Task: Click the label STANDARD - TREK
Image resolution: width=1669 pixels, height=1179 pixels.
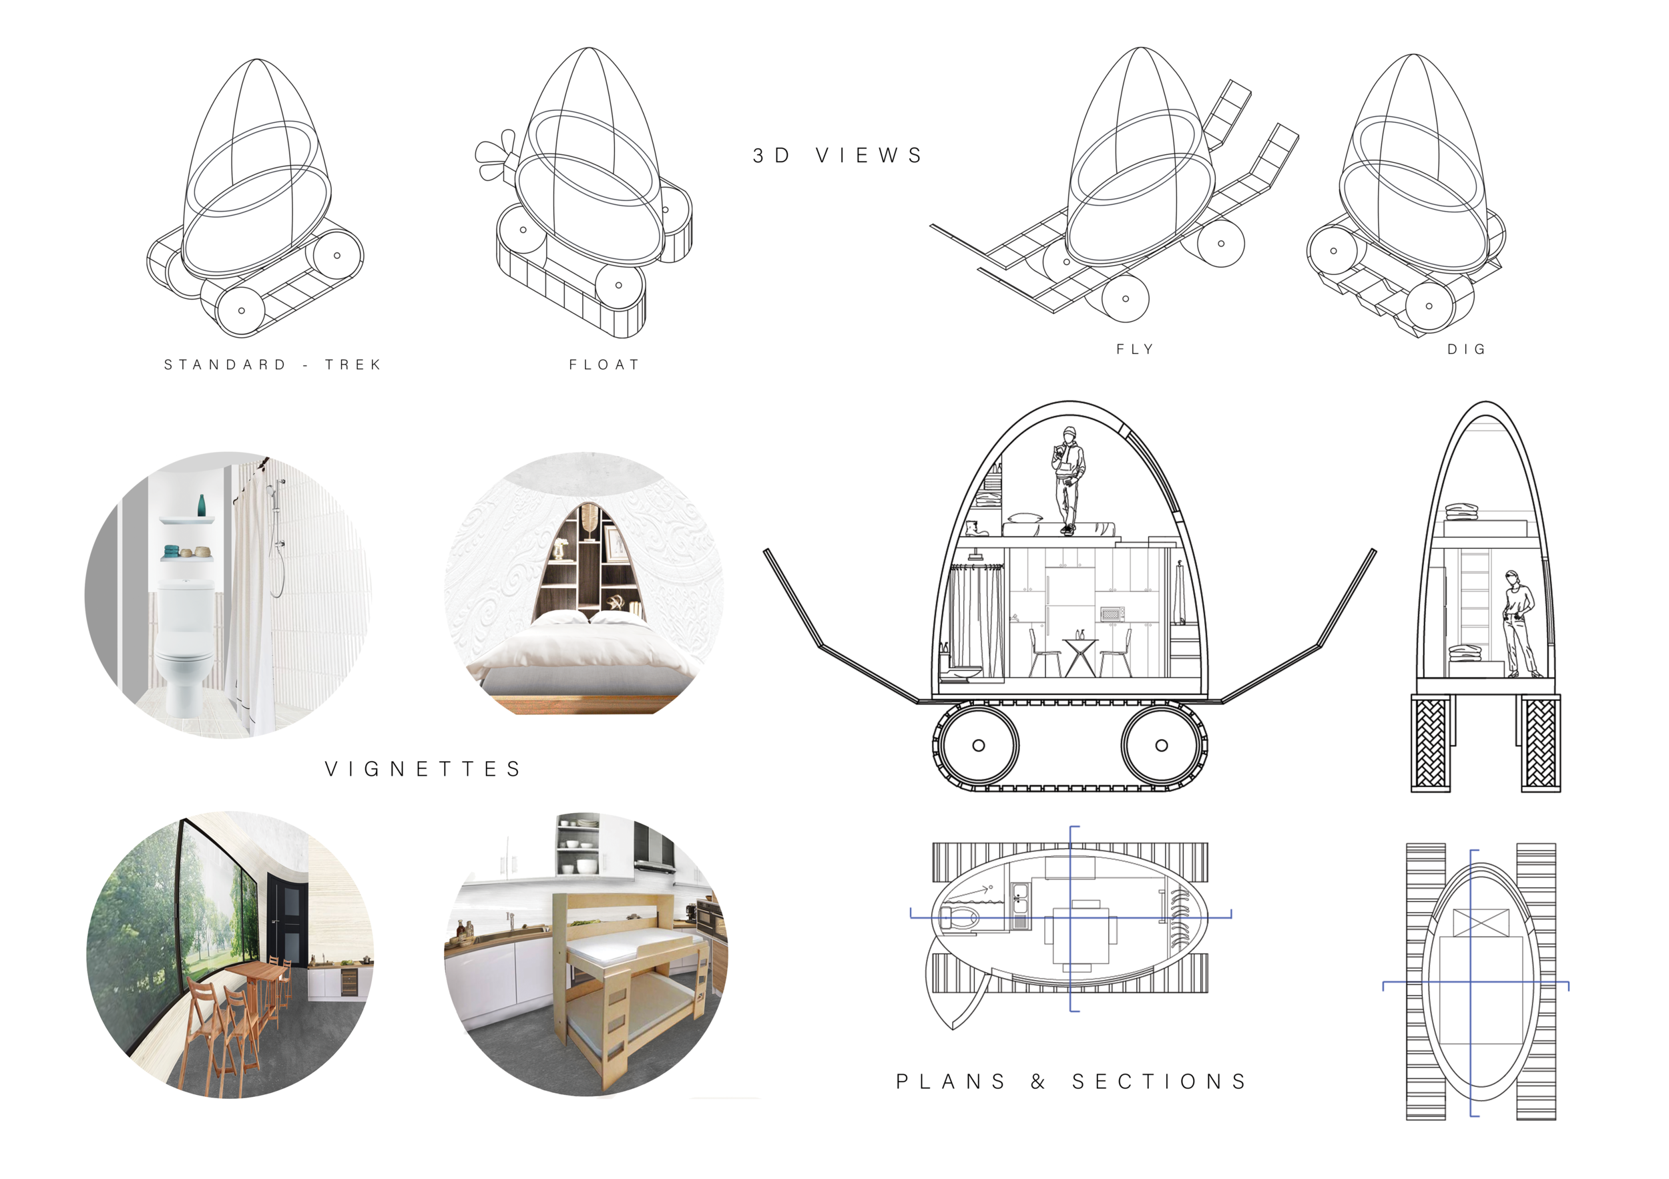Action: pyautogui.click(x=272, y=365)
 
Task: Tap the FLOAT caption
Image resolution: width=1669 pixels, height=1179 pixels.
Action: pyautogui.click(x=604, y=365)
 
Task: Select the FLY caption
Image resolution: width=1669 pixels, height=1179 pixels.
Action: pyautogui.click(x=1135, y=350)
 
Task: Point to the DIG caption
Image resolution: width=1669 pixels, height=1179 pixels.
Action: pyautogui.click(x=1466, y=350)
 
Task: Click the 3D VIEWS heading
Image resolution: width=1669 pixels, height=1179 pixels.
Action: pyautogui.click(x=838, y=156)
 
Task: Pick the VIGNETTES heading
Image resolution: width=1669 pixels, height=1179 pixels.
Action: pyautogui.click(x=423, y=769)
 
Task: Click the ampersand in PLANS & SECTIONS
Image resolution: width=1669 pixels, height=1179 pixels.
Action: pyautogui.click(x=1038, y=1082)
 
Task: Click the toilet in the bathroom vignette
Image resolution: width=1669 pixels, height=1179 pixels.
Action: pyautogui.click(x=186, y=640)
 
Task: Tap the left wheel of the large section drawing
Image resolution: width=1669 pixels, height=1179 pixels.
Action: pyautogui.click(x=979, y=745)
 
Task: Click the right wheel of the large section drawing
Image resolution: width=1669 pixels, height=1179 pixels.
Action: pyautogui.click(x=1161, y=745)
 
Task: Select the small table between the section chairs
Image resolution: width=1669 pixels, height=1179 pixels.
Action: pyautogui.click(x=1080, y=654)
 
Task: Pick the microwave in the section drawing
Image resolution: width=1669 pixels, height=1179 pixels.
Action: pyautogui.click(x=1112, y=614)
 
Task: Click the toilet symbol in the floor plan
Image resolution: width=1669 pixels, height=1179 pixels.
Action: pyautogui.click(x=958, y=917)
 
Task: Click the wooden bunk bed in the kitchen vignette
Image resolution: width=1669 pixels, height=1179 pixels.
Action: pyautogui.click(x=629, y=981)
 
